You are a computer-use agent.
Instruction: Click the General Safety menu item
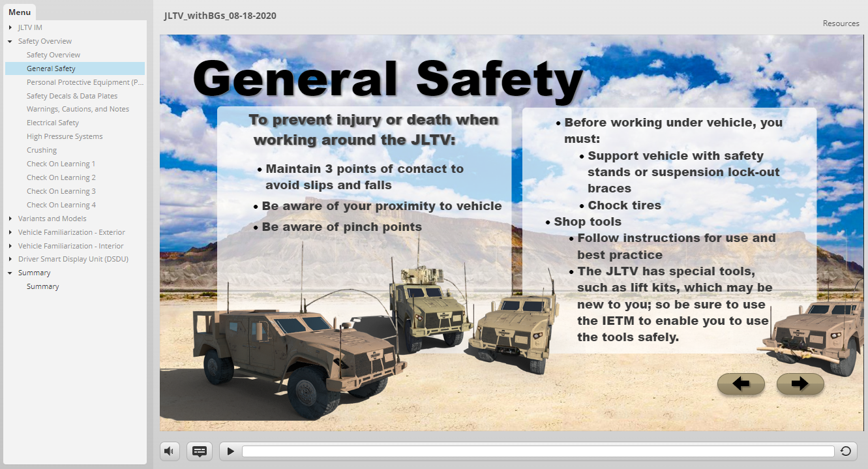(51, 68)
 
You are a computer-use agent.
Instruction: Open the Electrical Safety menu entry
(53, 123)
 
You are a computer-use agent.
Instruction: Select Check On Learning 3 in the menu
(61, 191)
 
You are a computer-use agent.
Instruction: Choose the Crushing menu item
(42, 150)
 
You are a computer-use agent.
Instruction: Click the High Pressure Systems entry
(65, 136)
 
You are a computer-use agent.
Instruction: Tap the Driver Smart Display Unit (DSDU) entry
(73, 259)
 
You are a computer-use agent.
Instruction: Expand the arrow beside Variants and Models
(10, 219)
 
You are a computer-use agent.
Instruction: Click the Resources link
(841, 23)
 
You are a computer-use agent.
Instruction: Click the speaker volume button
(170, 451)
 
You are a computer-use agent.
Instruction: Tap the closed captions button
(200, 451)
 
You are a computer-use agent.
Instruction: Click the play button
(231, 451)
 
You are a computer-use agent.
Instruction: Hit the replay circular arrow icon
(846, 451)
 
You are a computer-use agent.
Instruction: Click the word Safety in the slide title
(499, 80)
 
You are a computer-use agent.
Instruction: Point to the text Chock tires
(624, 205)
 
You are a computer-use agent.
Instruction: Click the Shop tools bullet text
(588, 221)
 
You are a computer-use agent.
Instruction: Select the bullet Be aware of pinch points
(341, 227)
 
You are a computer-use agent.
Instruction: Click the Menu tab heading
(20, 12)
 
